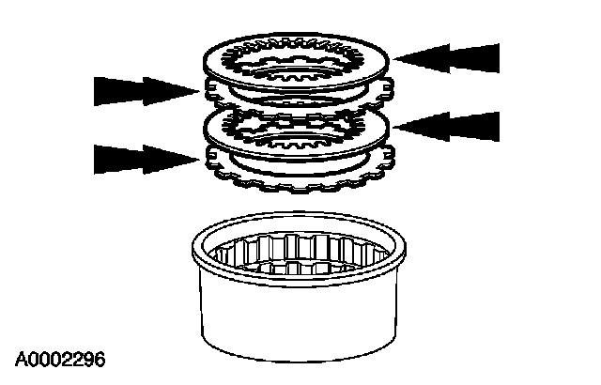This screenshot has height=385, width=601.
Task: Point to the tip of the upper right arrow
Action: (395, 58)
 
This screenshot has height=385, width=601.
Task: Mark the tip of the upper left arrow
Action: (199, 91)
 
